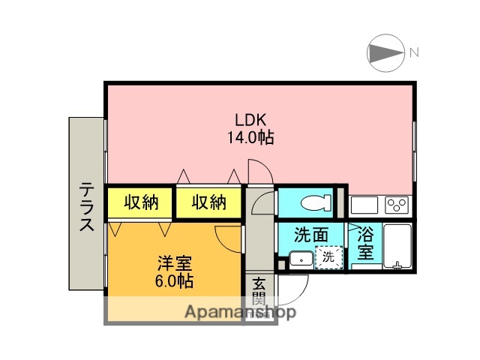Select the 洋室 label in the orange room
(175, 264)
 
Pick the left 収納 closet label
(141, 202)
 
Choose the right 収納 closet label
(208, 202)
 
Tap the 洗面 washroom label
(310, 235)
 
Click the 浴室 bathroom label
(365, 243)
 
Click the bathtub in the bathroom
(395, 246)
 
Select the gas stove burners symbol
(397, 204)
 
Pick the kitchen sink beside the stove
(365, 204)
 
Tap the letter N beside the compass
(414, 53)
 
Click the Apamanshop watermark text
(240, 312)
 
